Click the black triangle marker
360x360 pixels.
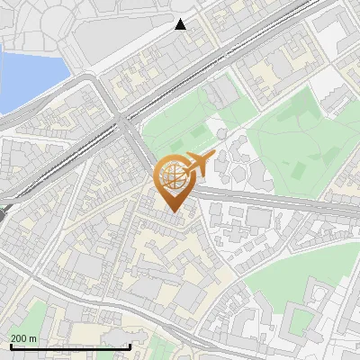pos(181,24)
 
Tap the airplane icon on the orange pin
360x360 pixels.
pos(195,164)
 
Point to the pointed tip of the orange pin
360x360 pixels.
pos(173,211)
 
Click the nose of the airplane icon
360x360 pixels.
pos(212,155)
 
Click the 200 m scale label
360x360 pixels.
pos(24,338)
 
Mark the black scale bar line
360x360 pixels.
pos(69,346)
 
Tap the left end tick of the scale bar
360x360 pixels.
pos(9,346)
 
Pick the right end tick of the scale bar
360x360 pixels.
pos(130,346)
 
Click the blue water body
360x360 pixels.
pos(27,76)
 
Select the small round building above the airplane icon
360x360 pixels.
pos(221,134)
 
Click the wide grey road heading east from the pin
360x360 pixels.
pos(270,200)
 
